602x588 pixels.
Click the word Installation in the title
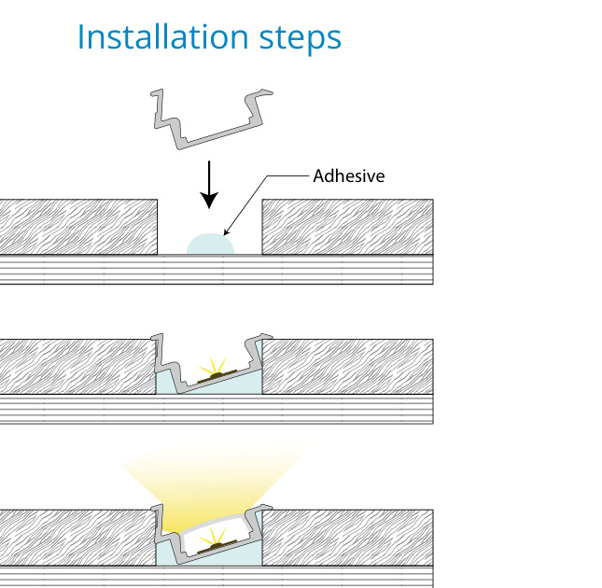pos(162,36)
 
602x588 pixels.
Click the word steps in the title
pos(299,38)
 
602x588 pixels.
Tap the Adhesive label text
pos(349,175)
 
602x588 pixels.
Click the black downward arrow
pos(210,184)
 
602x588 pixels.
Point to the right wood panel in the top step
pos(347,227)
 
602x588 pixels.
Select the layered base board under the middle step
pos(217,409)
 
